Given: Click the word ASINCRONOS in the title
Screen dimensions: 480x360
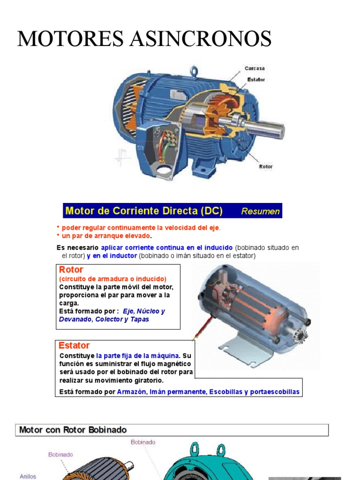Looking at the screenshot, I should (x=203, y=38).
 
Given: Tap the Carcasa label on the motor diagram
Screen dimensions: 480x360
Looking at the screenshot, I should (x=255, y=68).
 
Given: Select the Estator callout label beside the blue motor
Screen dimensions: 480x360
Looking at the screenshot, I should (x=256, y=79).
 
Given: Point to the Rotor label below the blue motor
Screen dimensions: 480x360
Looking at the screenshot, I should (x=266, y=166).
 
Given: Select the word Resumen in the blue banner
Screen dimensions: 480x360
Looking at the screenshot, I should (x=260, y=211).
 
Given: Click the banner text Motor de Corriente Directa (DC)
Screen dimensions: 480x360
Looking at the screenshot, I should (x=144, y=211).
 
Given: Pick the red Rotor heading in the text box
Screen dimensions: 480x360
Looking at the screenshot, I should (x=71, y=270).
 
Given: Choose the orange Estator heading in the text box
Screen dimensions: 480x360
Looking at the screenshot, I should (x=74, y=345).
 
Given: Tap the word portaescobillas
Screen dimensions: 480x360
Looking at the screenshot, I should (x=274, y=392).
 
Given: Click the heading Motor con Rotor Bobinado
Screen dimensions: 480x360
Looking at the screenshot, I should (x=73, y=430).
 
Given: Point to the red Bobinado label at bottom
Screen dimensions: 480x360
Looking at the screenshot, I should (x=143, y=442).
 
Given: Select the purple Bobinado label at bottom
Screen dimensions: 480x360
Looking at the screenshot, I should (x=60, y=454).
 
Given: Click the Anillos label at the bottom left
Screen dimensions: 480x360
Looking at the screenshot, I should (x=28, y=476).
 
